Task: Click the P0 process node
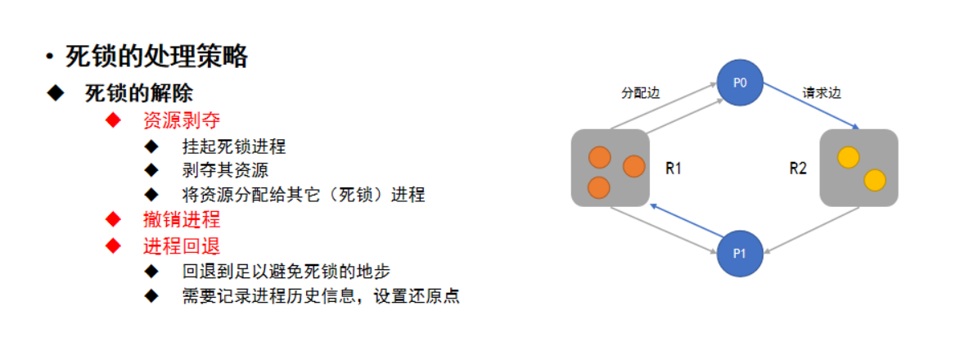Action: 740,82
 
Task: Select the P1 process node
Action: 740,252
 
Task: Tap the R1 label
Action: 674,169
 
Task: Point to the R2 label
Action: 798,169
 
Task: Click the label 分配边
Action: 640,93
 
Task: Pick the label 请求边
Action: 822,93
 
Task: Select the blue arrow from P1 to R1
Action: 683,223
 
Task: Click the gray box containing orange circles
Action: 611,167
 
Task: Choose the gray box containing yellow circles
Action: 859,167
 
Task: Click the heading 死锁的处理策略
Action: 157,57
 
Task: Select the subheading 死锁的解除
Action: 138,92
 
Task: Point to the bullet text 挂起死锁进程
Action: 234,147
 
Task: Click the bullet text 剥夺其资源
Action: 225,170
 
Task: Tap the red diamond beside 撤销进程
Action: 114,219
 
